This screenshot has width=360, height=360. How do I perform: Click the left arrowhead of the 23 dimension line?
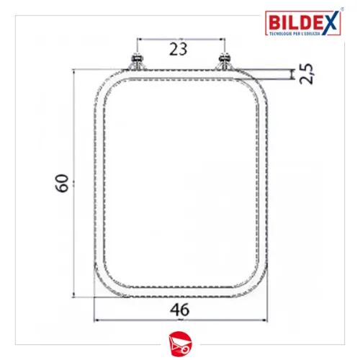click(x=137, y=40)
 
